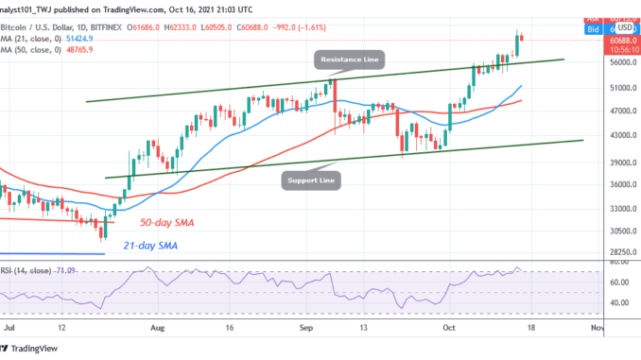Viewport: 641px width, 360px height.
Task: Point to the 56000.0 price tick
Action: point(618,62)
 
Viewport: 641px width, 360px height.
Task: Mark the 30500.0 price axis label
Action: point(618,231)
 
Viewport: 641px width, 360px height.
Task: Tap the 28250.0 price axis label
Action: point(618,252)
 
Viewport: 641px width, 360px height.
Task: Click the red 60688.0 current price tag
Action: point(618,42)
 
